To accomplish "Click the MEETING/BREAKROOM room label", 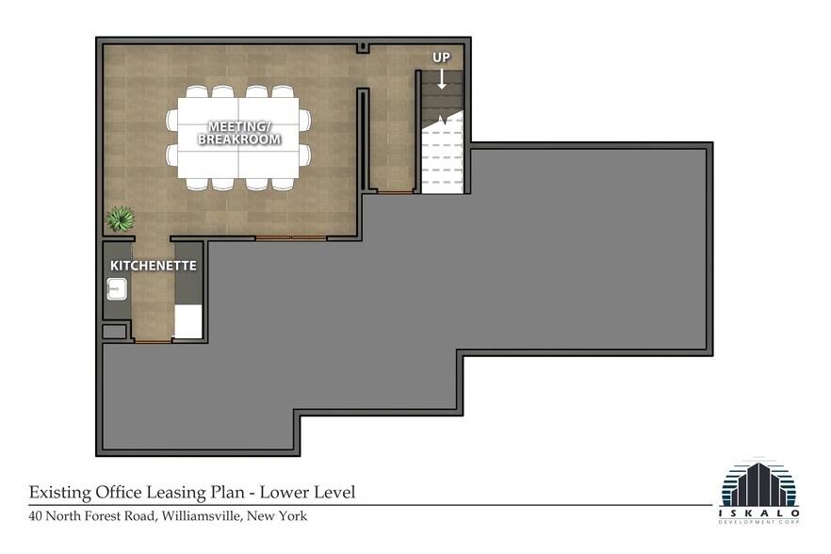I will point(238,133).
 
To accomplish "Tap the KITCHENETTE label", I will point(154,266).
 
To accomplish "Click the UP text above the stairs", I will point(441,57).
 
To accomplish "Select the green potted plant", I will point(120,219).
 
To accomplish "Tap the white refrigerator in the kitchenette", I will point(188,321).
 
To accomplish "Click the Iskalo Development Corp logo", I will point(759,490).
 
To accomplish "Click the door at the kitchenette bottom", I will point(153,341).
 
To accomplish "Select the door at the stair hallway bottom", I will point(395,192).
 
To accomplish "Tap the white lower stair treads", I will point(441,160).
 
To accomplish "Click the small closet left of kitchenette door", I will point(114,331).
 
